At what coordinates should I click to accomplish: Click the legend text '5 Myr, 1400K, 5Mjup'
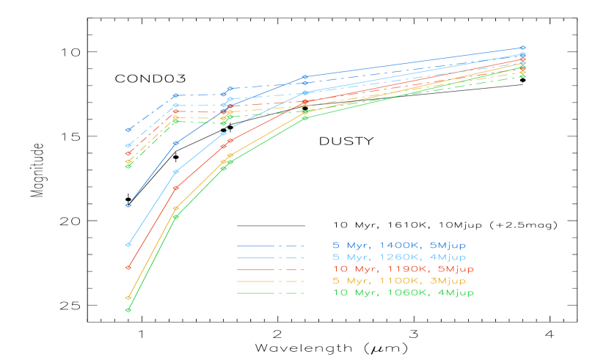coord(399,245)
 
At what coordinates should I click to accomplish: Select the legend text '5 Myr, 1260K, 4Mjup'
coord(399,257)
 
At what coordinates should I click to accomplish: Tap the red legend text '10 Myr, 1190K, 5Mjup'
coord(403,269)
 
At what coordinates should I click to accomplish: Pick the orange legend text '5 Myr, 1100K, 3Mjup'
coord(399,281)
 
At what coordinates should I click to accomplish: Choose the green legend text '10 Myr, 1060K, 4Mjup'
coord(403,293)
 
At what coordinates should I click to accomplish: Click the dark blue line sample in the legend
coord(270,246)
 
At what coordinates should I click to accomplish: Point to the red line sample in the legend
coord(270,270)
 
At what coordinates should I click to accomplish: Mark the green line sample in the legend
coord(270,293)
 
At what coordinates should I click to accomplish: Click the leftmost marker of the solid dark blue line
coord(128,205)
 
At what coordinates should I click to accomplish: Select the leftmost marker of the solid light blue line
coord(128,244)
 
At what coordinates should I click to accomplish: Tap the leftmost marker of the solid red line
coord(128,268)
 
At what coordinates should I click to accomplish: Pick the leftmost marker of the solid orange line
coord(128,298)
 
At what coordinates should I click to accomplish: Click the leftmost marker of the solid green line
coord(128,310)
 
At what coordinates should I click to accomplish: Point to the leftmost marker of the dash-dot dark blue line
coord(128,130)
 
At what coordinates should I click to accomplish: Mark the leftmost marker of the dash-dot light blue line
coord(128,145)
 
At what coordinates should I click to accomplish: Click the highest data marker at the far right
coord(522,48)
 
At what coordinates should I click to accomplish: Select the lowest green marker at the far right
coord(522,76)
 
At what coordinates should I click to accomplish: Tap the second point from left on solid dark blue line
coord(175,143)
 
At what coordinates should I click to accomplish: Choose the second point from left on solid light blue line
coord(175,172)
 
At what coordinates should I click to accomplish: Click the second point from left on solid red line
coord(175,188)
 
